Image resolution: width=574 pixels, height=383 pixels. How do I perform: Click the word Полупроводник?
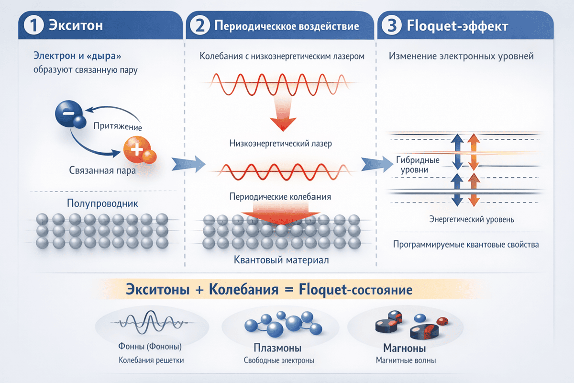tap(102, 203)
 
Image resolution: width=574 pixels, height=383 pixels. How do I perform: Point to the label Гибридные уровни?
tap(418, 165)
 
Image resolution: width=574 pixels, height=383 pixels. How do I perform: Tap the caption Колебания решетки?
tap(151, 360)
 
